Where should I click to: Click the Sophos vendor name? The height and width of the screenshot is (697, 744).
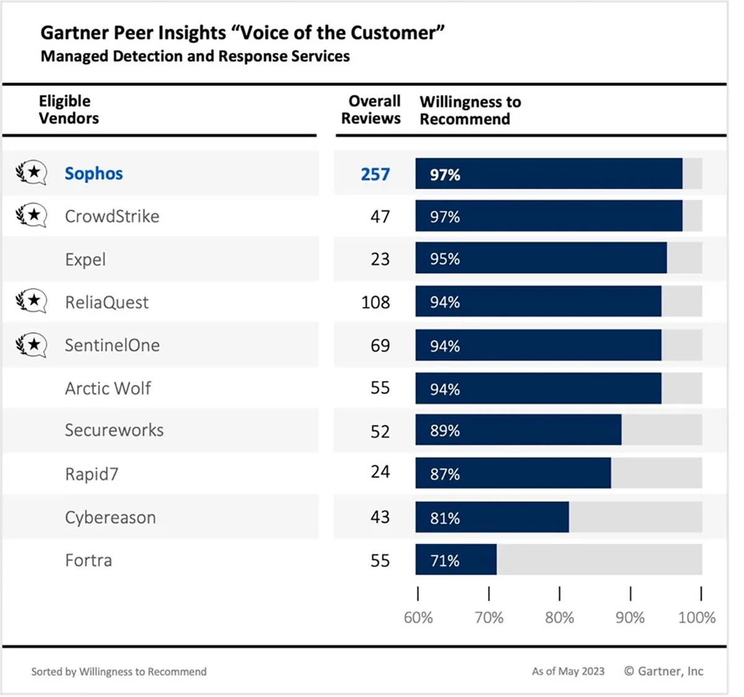pyautogui.click(x=94, y=173)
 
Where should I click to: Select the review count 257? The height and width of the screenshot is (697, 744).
pyautogui.click(x=375, y=174)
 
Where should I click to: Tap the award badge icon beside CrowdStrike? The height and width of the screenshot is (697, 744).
pyautogui.click(x=31, y=216)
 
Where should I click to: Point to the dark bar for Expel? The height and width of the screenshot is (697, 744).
pyautogui.click(x=541, y=258)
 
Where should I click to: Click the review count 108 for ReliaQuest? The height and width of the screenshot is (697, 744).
pyautogui.click(x=376, y=302)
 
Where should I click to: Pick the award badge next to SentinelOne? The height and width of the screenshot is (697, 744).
pyautogui.click(x=31, y=344)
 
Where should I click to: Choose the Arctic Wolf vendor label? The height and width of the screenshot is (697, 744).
pyautogui.click(x=108, y=388)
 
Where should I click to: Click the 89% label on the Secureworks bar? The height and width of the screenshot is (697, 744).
pyautogui.click(x=445, y=431)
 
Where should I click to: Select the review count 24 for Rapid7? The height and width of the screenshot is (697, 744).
pyautogui.click(x=380, y=472)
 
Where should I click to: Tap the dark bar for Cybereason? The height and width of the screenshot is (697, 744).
pyautogui.click(x=492, y=517)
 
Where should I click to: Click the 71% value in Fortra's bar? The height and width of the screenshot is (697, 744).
pyautogui.click(x=445, y=561)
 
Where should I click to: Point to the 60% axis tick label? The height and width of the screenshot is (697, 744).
pyautogui.click(x=418, y=618)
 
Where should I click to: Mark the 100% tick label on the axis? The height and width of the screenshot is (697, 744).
pyautogui.click(x=697, y=618)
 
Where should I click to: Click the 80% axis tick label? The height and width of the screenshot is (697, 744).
pyautogui.click(x=559, y=618)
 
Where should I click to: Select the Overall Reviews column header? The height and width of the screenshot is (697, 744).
pyautogui.click(x=371, y=110)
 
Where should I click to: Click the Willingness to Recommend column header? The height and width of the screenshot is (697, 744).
pyautogui.click(x=470, y=110)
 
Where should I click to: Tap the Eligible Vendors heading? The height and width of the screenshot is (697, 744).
pyautogui.click(x=68, y=110)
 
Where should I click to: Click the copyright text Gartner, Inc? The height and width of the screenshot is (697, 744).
pyautogui.click(x=663, y=671)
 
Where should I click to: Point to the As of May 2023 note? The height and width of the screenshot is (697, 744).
pyautogui.click(x=568, y=672)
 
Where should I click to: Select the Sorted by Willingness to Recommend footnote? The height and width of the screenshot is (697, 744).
pyautogui.click(x=119, y=672)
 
